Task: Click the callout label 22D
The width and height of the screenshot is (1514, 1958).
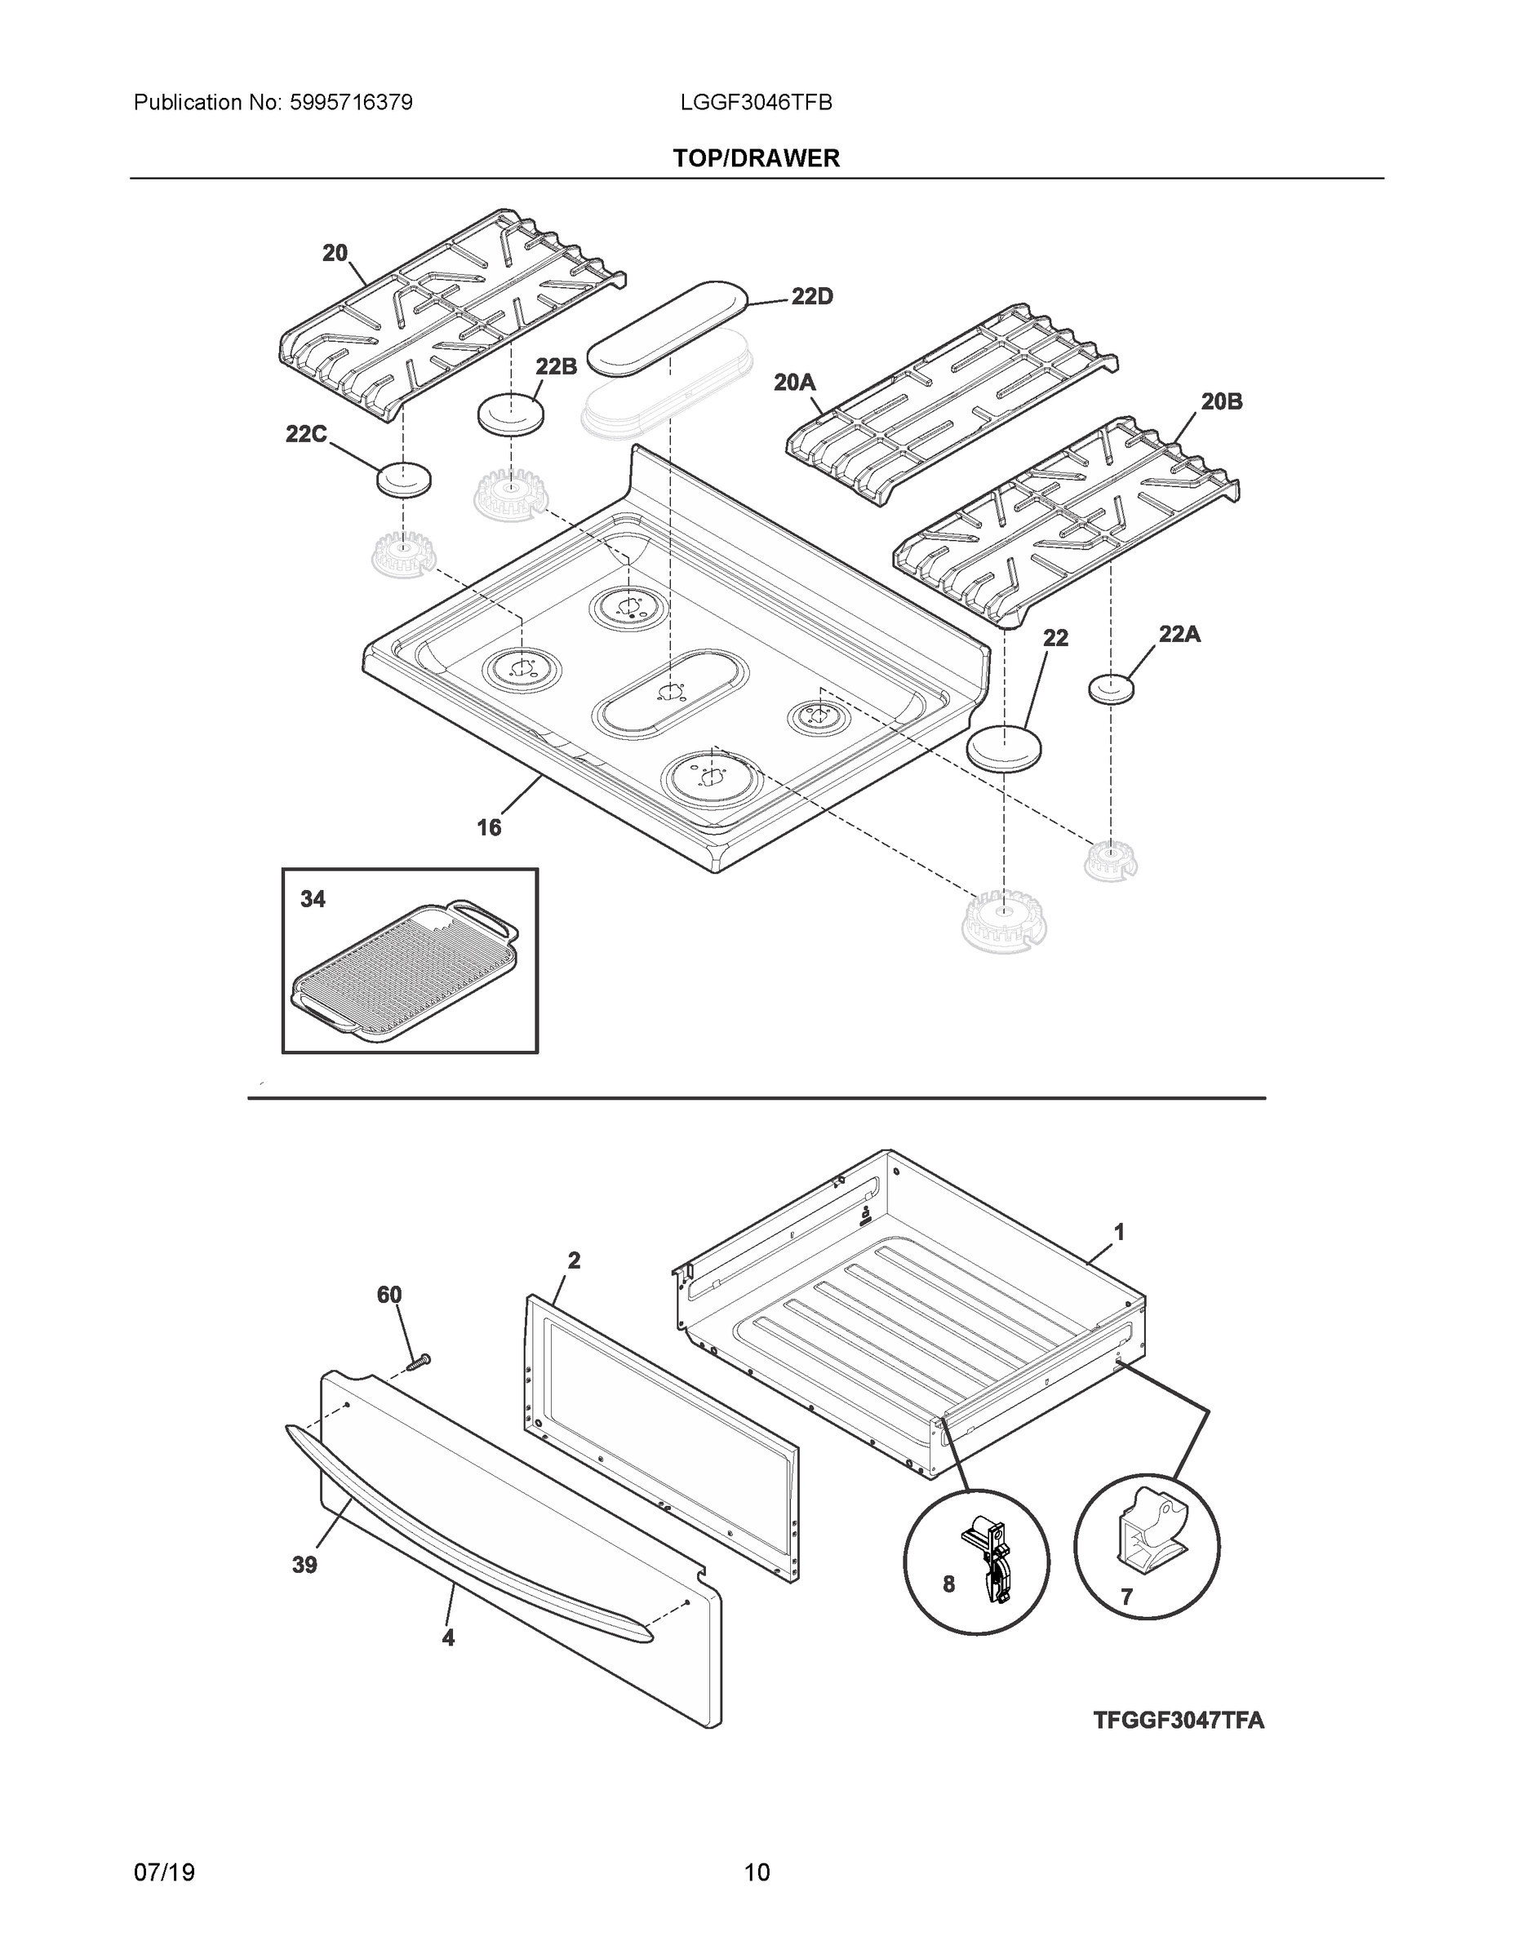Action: [x=812, y=297]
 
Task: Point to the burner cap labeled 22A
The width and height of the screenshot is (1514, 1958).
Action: [x=1112, y=689]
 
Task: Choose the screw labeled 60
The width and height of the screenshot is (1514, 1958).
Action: [x=418, y=1362]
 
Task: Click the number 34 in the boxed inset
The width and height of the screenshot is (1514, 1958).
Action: [x=313, y=898]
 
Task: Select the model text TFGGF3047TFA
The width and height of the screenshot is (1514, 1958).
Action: [x=1179, y=1720]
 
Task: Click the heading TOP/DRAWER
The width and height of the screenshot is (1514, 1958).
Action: [x=756, y=159]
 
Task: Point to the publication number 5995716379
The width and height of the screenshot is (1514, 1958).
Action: [x=351, y=103]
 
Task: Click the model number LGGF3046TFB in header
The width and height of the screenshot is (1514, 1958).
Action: [x=756, y=103]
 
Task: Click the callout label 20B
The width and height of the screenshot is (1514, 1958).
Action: [x=1222, y=401]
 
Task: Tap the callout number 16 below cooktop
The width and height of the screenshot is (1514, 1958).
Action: [x=489, y=826]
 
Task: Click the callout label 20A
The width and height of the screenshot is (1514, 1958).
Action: [x=795, y=383]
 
